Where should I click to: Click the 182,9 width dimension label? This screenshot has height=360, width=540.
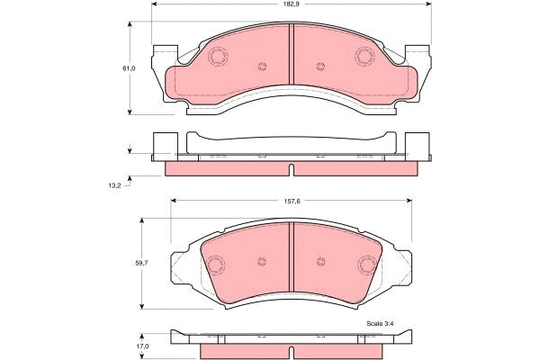pos(291,5)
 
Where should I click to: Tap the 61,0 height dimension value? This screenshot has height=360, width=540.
pos(129,68)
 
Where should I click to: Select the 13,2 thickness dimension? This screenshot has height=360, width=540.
pos(114,186)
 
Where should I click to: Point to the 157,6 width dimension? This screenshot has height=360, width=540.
pos(291,201)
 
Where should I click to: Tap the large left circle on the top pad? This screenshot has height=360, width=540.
pos(218,56)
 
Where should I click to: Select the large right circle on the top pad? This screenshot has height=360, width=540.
pos(364,56)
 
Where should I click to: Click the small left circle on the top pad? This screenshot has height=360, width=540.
pos(262,67)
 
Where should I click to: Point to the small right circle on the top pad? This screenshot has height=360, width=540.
pos(320,67)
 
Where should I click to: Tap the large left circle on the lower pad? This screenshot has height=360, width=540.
pos(216,265)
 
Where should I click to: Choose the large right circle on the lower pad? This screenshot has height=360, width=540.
pos(366,265)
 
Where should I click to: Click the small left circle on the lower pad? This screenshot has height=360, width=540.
pos(262,262)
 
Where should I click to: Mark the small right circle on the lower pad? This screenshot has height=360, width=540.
pos(320,262)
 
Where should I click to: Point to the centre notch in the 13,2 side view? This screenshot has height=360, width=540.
pos(291,170)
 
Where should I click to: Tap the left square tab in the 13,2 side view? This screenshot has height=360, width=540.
pos(165,146)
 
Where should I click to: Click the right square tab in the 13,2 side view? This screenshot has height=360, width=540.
pos(418,146)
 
